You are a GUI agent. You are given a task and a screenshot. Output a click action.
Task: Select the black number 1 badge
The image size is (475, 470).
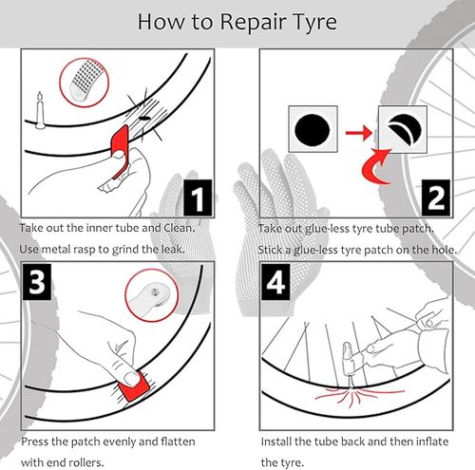point(198,197)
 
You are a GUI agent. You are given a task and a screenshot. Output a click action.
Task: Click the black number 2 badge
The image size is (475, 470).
point(436,197)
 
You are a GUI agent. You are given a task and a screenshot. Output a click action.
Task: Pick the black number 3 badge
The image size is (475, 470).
point(37,281)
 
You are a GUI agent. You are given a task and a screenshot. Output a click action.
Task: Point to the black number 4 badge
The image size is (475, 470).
point(275,281)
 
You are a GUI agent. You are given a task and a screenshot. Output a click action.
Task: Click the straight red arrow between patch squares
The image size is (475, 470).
point(358,133)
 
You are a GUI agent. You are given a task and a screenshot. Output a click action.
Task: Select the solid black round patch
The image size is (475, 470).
point(313,130)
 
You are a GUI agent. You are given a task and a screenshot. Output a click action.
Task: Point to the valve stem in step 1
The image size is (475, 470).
point(40,110)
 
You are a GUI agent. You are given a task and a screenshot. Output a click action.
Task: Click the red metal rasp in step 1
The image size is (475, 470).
point(120,149)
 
